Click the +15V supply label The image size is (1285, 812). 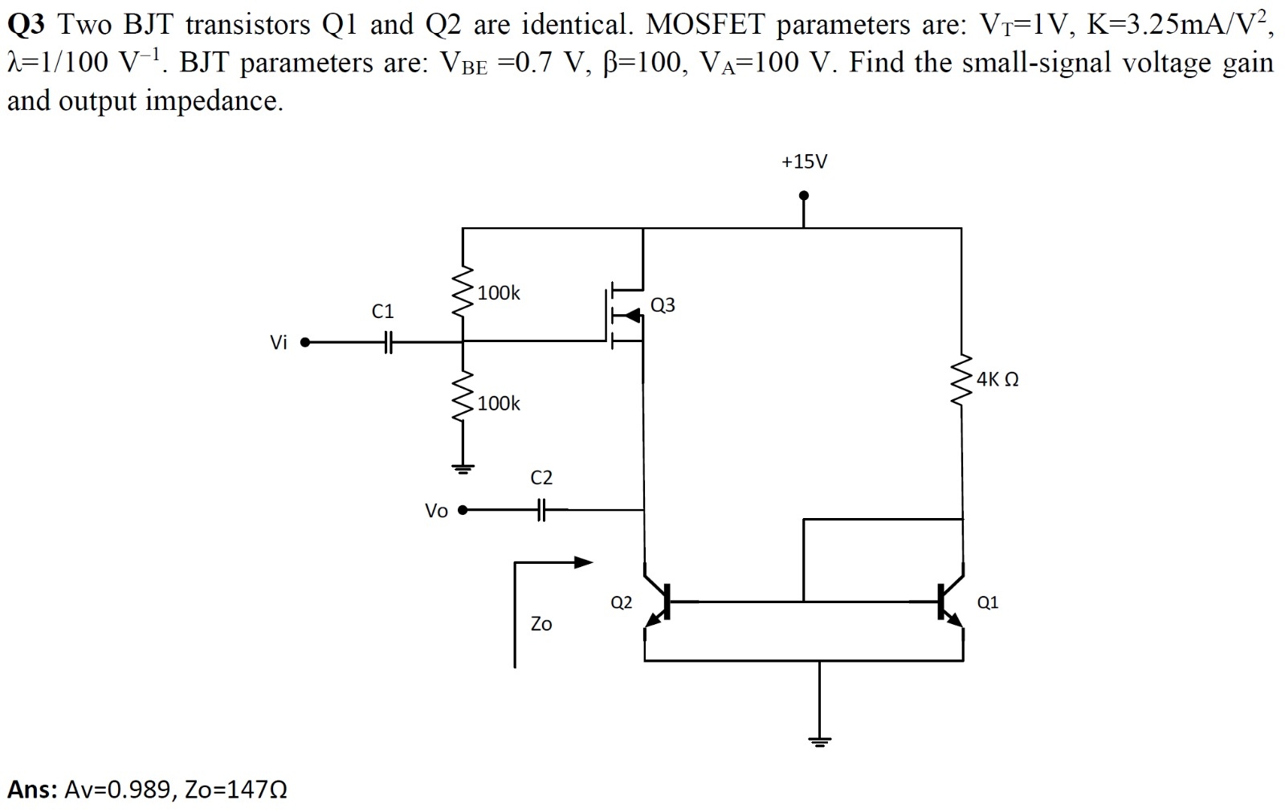coord(804,162)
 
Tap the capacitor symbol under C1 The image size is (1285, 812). coord(387,343)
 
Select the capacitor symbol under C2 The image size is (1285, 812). coord(541,509)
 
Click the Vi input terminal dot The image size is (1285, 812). coord(304,343)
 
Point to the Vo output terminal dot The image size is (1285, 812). coord(462,509)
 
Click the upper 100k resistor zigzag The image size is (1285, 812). coord(463,293)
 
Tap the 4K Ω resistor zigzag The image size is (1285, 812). coord(961,379)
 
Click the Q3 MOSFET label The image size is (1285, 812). coord(663,305)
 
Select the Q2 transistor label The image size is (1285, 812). coord(621,602)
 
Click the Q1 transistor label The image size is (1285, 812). coord(988,602)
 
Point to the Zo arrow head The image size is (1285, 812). coord(585,562)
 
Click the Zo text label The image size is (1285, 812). coord(541,624)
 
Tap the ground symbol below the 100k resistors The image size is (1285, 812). coord(463,468)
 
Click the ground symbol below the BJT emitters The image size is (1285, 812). coord(818,741)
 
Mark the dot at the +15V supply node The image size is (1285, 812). coord(804,195)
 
